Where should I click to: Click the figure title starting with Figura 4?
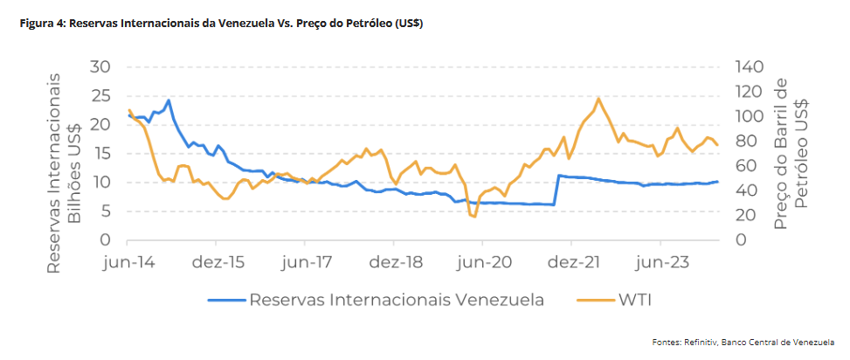tap(222, 24)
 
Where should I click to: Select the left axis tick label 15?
tap(101, 154)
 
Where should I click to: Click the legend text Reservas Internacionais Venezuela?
tap(397, 301)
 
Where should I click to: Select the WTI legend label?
tap(635, 301)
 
